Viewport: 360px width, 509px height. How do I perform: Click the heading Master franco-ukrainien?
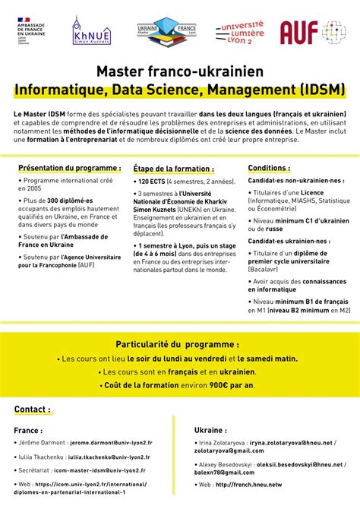pyautogui.click(x=179, y=72)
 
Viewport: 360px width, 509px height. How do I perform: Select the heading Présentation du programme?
pyautogui.click(x=69, y=168)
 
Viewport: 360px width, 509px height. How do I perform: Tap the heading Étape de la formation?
pyautogui.click(x=173, y=169)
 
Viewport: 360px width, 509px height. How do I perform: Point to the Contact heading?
pyautogui.click(x=33, y=409)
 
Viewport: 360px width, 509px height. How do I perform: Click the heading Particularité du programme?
pyautogui.click(x=179, y=344)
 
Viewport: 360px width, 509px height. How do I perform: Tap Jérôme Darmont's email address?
pyautogui.click(x=112, y=441)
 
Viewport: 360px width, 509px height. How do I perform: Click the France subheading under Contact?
pyautogui.click(x=28, y=429)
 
